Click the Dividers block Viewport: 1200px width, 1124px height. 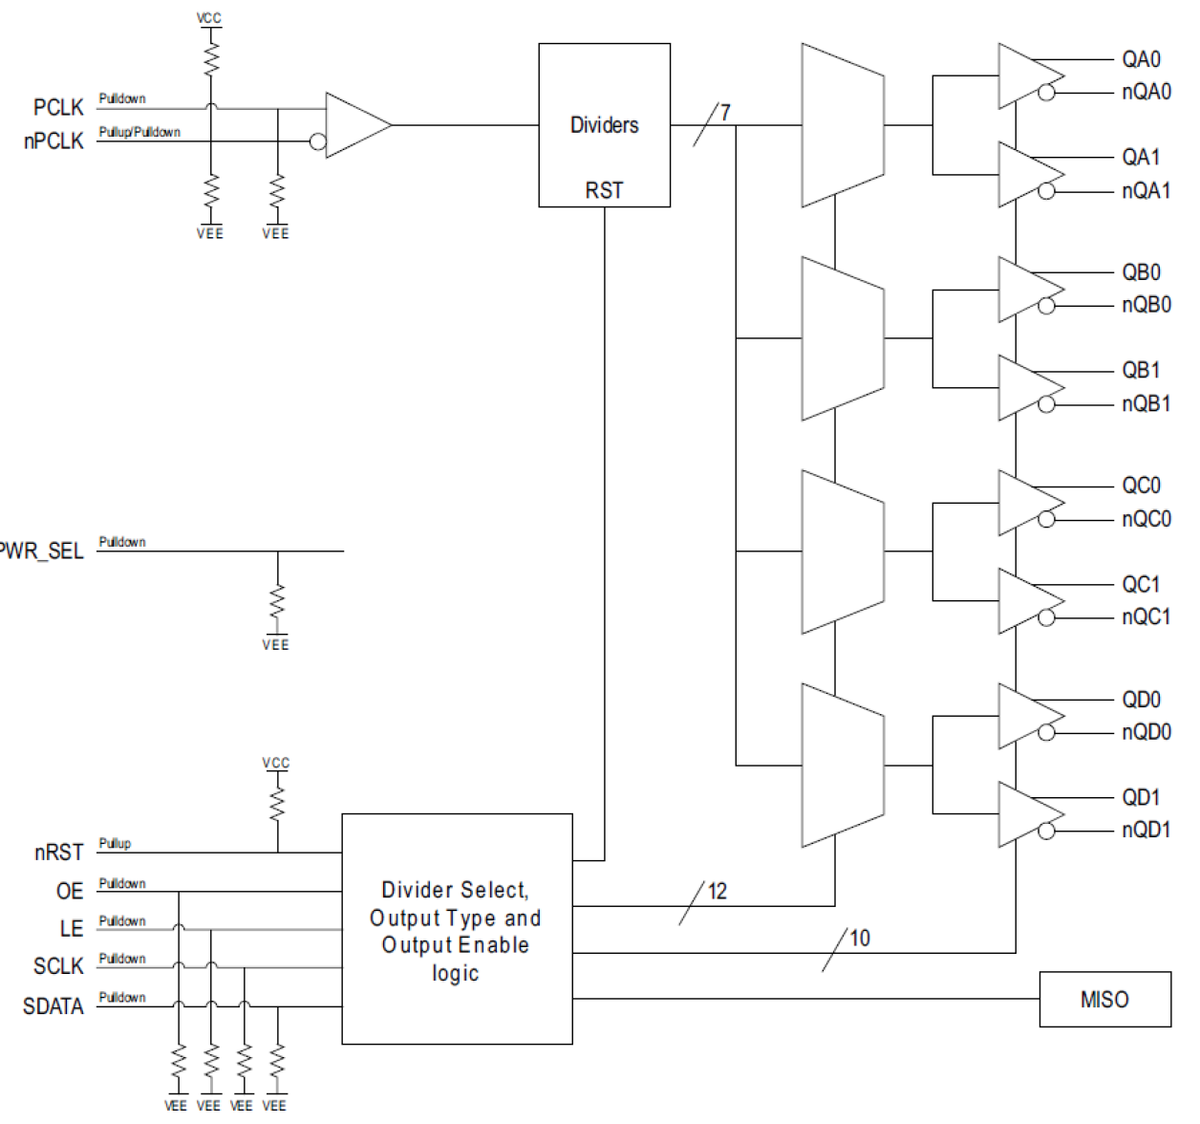point(604,125)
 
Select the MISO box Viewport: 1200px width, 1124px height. point(1104,1000)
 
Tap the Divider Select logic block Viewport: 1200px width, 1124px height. point(457,929)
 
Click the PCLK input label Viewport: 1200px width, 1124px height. point(58,107)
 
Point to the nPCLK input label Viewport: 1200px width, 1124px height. point(54,141)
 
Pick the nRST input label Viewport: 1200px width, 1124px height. point(58,853)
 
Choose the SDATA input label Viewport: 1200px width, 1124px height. point(54,1006)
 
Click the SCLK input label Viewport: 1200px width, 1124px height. point(58,966)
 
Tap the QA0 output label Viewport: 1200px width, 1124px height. point(1141,59)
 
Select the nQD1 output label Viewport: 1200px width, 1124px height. point(1146,830)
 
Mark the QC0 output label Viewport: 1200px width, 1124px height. point(1141,486)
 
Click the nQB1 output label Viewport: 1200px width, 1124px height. point(1146,403)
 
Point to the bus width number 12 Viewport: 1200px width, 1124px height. point(718,892)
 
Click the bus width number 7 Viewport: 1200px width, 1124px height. point(725,113)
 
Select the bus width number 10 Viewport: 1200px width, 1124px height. point(860,939)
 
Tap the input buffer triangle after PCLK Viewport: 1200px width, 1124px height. point(355,125)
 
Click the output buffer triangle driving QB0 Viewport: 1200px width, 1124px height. point(1026,290)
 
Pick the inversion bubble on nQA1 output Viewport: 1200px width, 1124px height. point(1046,191)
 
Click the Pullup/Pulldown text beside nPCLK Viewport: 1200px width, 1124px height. point(139,133)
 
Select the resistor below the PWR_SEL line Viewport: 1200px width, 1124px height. point(277,603)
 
